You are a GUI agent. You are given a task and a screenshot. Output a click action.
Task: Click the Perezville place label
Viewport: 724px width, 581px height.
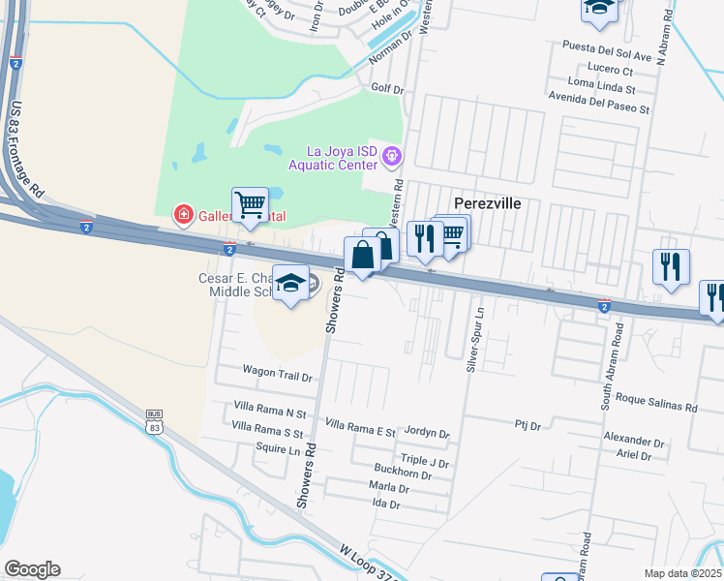click(488, 204)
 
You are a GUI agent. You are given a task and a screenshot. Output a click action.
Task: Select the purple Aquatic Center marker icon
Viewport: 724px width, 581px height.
click(392, 155)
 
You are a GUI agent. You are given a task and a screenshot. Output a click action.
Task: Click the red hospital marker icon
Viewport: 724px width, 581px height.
click(180, 213)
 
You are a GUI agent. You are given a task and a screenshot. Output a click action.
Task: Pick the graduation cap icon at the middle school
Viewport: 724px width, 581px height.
click(289, 283)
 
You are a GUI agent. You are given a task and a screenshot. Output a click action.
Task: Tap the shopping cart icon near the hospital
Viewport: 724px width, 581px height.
click(250, 204)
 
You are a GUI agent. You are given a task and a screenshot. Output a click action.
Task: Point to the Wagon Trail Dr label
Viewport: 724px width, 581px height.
click(278, 372)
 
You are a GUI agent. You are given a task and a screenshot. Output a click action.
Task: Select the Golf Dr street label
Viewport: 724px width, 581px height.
click(386, 87)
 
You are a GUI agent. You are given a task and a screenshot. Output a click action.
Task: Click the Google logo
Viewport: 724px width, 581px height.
click(32, 569)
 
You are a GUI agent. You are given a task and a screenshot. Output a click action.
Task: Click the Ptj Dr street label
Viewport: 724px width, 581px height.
click(527, 424)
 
